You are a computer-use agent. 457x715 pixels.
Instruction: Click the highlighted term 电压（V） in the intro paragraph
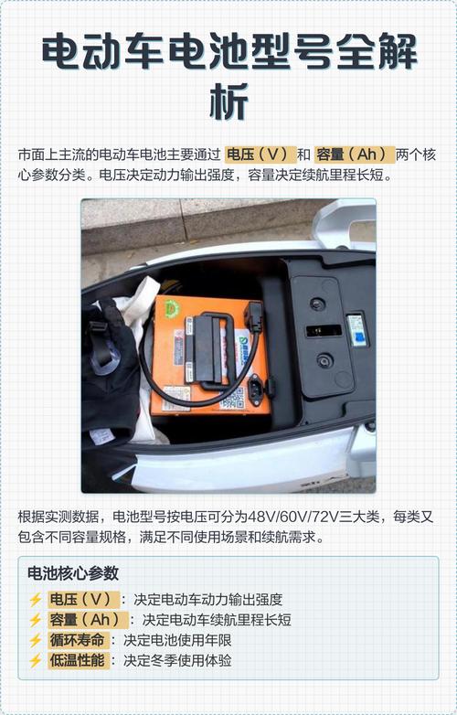tap(259, 154)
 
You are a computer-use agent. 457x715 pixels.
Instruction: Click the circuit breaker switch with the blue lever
tap(357, 329)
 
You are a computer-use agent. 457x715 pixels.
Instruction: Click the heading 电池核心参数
tap(73, 574)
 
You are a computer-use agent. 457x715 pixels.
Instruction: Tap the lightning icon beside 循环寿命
tap(36, 640)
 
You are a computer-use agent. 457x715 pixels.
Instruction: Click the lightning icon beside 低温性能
tap(36, 660)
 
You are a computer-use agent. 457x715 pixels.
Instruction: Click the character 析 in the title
tap(228, 101)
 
